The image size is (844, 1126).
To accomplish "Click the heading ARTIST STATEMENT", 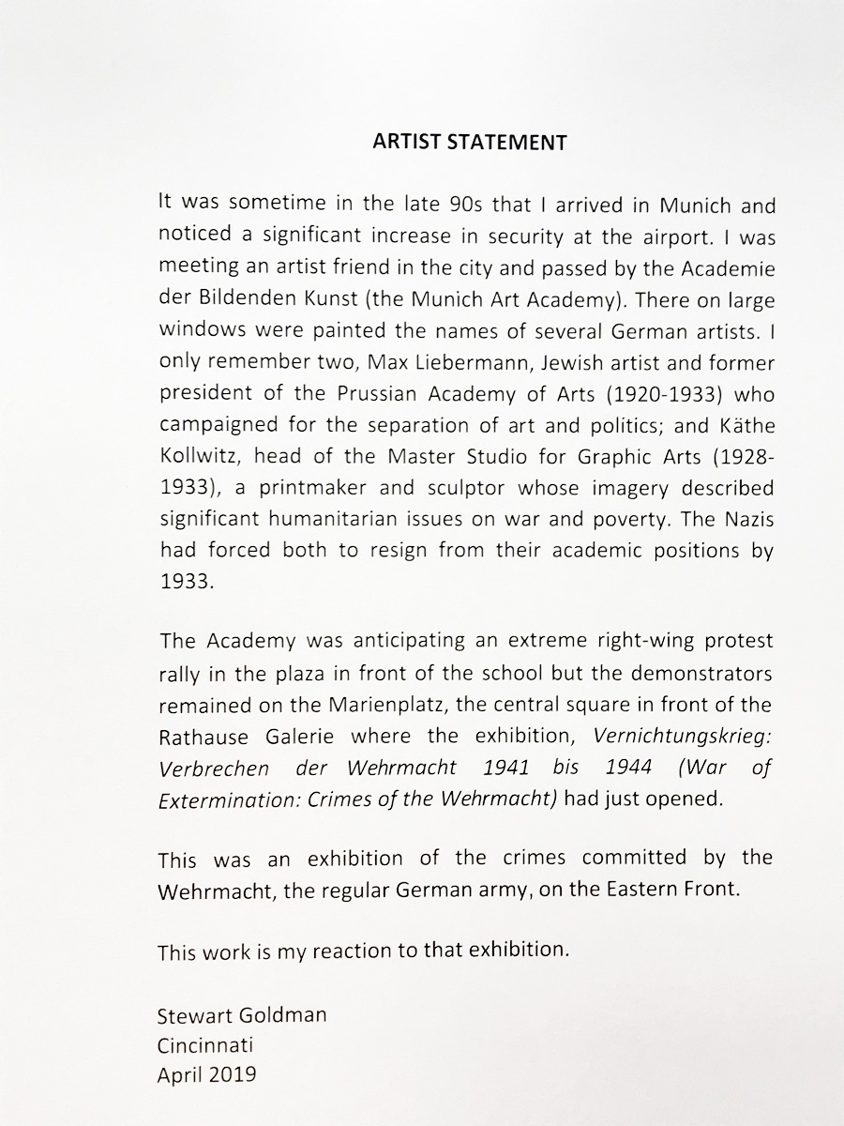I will pyautogui.click(x=470, y=143).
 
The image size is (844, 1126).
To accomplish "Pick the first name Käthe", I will pyautogui.click(x=748, y=425).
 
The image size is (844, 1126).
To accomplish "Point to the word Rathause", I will pyautogui.click(x=199, y=736).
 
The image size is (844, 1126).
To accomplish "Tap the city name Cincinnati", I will pyautogui.click(x=205, y=1043).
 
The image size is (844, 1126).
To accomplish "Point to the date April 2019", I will pyautogui.click(x=206, y=1074).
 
